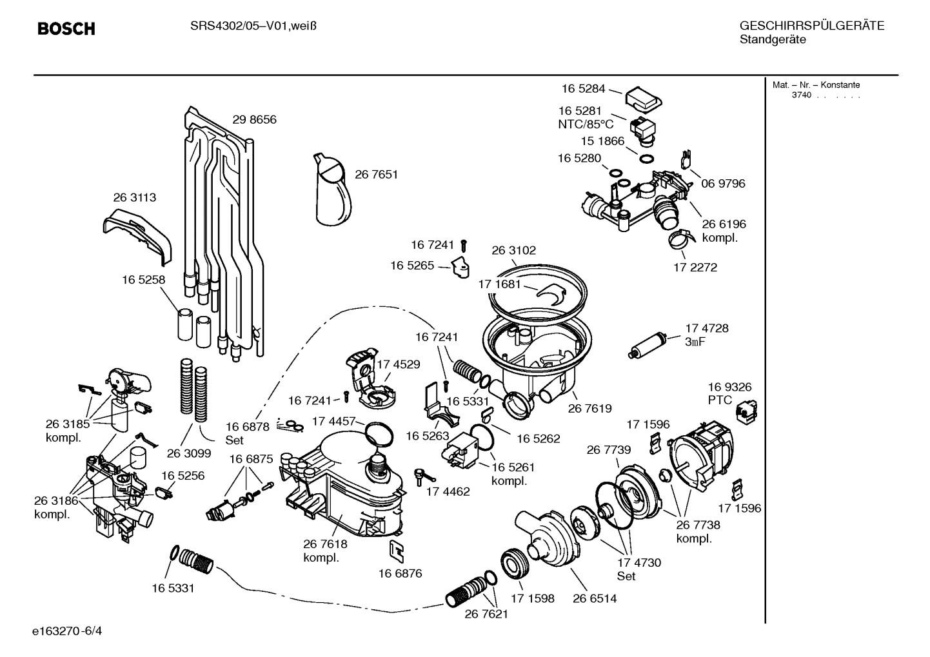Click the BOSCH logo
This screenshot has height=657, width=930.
point(66,28)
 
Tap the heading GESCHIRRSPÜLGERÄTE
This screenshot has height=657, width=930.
point(811,26)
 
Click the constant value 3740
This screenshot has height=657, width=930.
point(801,95)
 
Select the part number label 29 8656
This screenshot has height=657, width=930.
point(254,119)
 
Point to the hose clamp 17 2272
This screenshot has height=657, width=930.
point(680,240)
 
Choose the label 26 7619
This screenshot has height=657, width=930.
point(589,408)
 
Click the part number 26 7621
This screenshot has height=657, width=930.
point(486,614)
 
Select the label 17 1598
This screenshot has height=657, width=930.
point(532,598)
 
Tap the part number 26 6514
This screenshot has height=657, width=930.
point(595,598)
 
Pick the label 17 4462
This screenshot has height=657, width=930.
point(448,491)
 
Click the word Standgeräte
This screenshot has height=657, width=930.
point(773,40)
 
